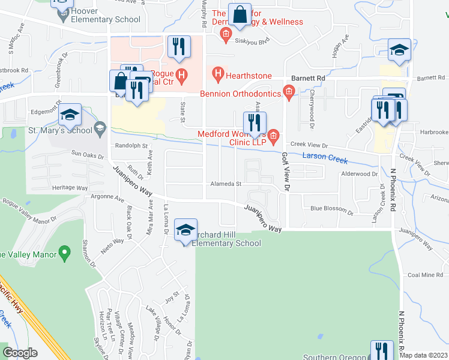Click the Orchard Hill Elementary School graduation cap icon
coord(185,230)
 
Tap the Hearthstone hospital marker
coord(218,76)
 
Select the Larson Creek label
coord(325,158)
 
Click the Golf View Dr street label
coord(286,172)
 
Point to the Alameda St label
coord(225,184)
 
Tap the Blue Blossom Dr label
coord(332,209)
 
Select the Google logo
coord(20,353)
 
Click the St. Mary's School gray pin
coord(100,129)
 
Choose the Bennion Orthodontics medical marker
coord(289,94)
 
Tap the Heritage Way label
coord(70,188)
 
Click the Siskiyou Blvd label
coord(253,41)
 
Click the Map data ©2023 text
coord(423,355)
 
